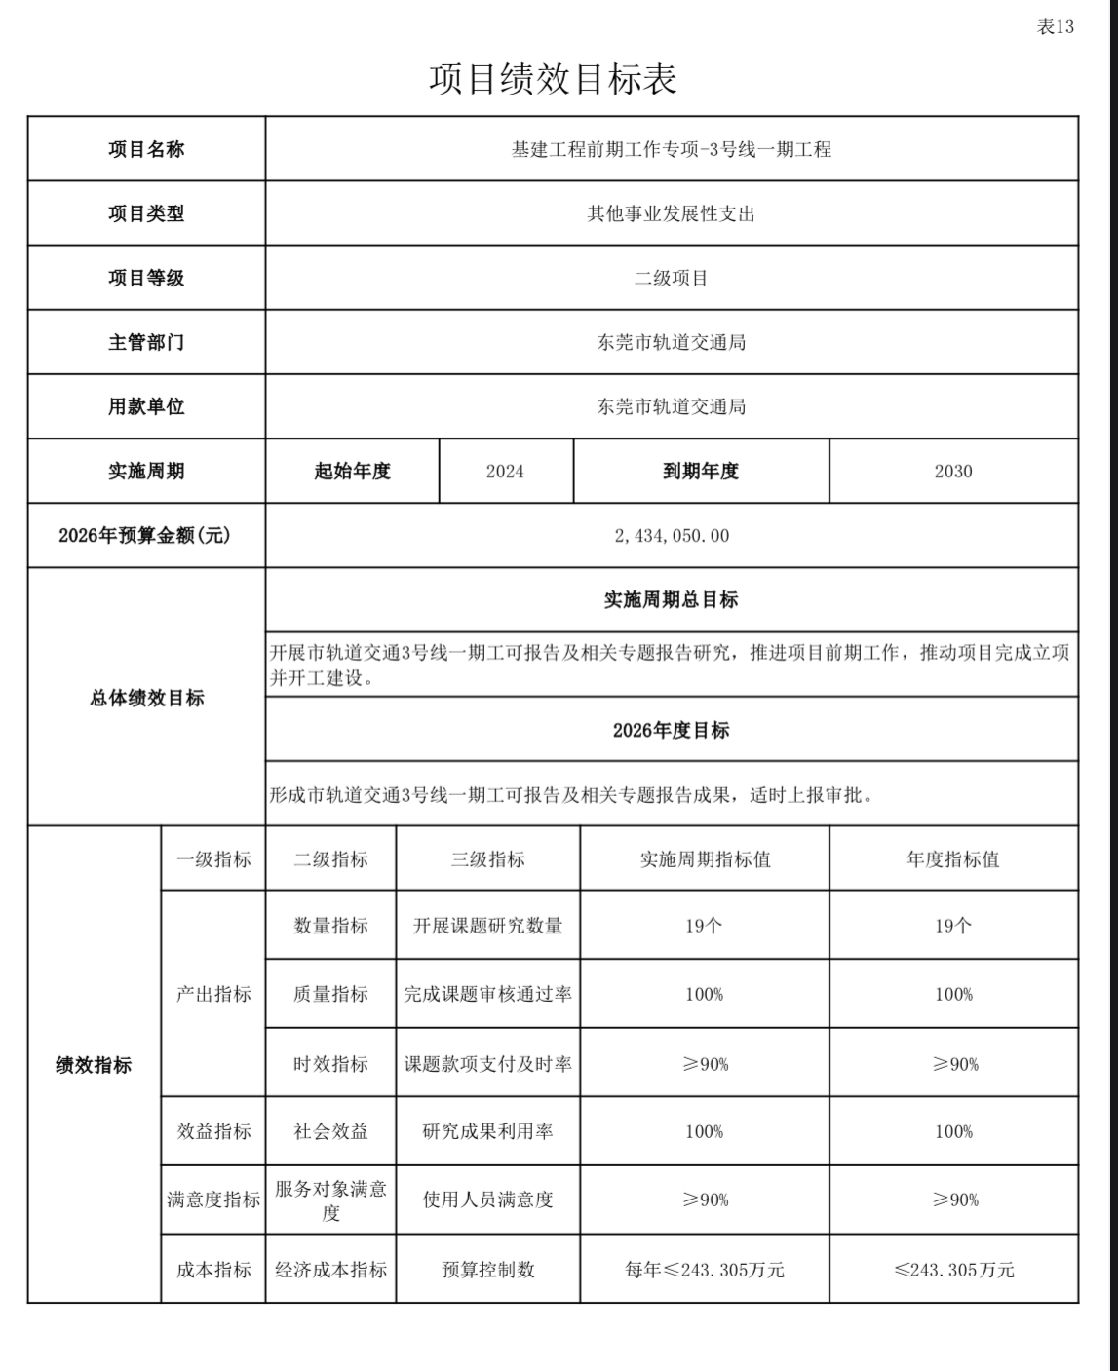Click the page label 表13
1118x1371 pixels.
pyautogui.click(x=1055, y=27)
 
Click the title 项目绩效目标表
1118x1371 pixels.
pyautogui.click(x=553, y=79)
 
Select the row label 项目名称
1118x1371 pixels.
pyautogui.click(x=146, y=149)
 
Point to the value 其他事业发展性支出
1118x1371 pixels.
pyautogui.click(x=671, y=213)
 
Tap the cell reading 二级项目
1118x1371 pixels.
pyautogui.click(x=671, y=278)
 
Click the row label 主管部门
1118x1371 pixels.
pyautogui.click(x=146, y=342)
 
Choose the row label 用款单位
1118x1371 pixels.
pyautogui.click(x=146, y=406)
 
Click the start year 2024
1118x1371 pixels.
pyautogui.click(x=505, y=472)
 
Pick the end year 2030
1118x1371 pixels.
pyautogui.click(x=952, y=472)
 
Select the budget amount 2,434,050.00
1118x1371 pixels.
pyautogui.click(x=671, y=536)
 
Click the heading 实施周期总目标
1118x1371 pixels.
pyautogui.click(x=671, y=600)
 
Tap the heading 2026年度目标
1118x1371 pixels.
pyautogui.click(x=671, y=730)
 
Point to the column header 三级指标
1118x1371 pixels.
pyautogui.click(x=487, y=859)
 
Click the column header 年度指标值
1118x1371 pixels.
pyautogui.click(x=952, y=859)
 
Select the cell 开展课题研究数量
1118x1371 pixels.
pyautogui.click(x=487, y=926)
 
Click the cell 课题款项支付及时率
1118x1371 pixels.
pyautogui.click(x=487, y=1064)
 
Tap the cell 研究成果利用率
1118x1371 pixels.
pyautogui.click(x=487, y=1131)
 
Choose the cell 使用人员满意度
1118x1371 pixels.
pyautogui.click(x=487, y=1200)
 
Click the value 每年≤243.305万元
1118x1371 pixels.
pyautogui.click(x=704, y=1270)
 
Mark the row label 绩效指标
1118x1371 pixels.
pyautogui.click(x=94, y=1065)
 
